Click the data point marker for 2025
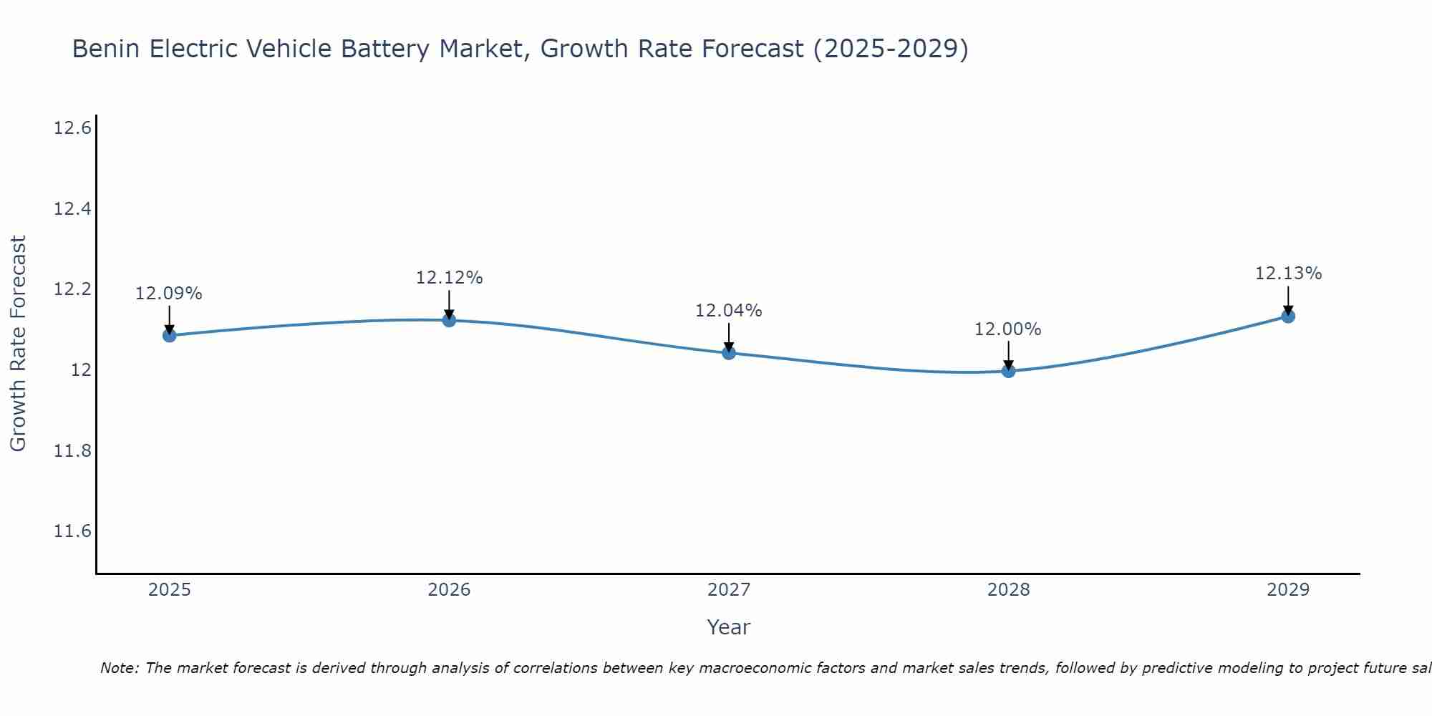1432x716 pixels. point(169,335)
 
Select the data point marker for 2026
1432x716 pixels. point(449,320)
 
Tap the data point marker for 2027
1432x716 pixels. point(729,352)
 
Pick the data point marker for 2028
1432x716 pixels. point(1008,370)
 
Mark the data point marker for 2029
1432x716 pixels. point(1288,316)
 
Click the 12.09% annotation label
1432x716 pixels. point(169,294)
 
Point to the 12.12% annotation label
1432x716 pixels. point(449,278)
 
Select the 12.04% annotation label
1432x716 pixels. point(729,311)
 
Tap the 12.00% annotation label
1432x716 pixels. point(1008,329)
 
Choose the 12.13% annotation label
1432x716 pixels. point(1288,274)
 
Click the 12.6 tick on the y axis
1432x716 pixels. point(72,129)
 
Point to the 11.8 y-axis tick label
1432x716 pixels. point(72,451)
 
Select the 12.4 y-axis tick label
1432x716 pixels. point(72,209)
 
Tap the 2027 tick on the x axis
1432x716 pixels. point(729,590)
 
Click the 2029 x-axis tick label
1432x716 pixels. point(1288,590)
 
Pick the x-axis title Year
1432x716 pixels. point(729,627)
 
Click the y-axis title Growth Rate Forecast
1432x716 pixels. point(18,344)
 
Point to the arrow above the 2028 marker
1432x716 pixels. point(1008,354)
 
